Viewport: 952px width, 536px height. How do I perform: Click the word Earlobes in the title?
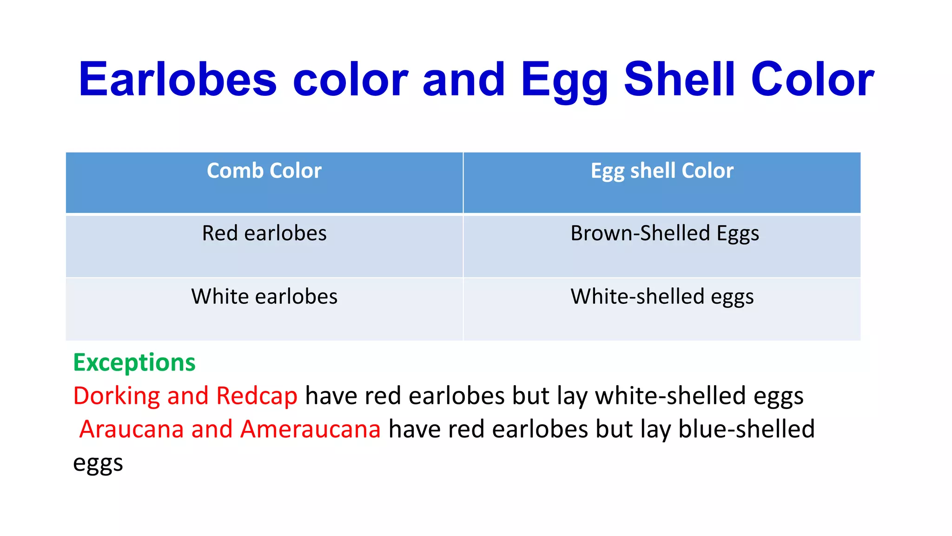pyautogui.click(x=178, y=80)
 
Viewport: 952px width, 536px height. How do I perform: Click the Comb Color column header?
pyautogui.click(x=264, y=171)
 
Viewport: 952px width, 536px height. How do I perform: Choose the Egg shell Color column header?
pyautogui.click(x=662, y=171)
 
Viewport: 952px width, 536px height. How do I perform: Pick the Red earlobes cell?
pyautogui.click(x=264, y=233)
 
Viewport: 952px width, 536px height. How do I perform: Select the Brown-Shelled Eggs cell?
pyautogui.click(x=664, y=234)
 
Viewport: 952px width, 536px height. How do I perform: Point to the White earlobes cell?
pyautogui.click(x=264, y=296)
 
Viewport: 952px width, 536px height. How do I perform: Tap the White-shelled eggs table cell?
pyautogui.click(x=662, y=297)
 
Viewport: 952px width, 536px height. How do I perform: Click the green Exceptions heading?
pyautogui.click(x=134, y=362)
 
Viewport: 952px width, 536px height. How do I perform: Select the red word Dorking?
pyautogui.click(x=116, y=396)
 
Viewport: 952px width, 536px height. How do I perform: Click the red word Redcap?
pyautogui.click(x=257, y=396)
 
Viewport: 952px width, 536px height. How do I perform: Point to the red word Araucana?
pyautogui.click(x=132, y=429)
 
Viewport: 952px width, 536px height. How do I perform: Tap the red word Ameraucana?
pyautogui.click(x=311, y=429)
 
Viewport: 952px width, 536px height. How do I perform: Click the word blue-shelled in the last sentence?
pyautogui.click(x=746, y=429)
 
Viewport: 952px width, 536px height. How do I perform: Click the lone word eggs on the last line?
pyautogui.click(x=98, y=463)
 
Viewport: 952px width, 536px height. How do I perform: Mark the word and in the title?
pyautogui.click(x=463, y=80)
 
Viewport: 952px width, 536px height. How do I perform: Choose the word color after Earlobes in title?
pyautogui.click(x=350, y=80)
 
